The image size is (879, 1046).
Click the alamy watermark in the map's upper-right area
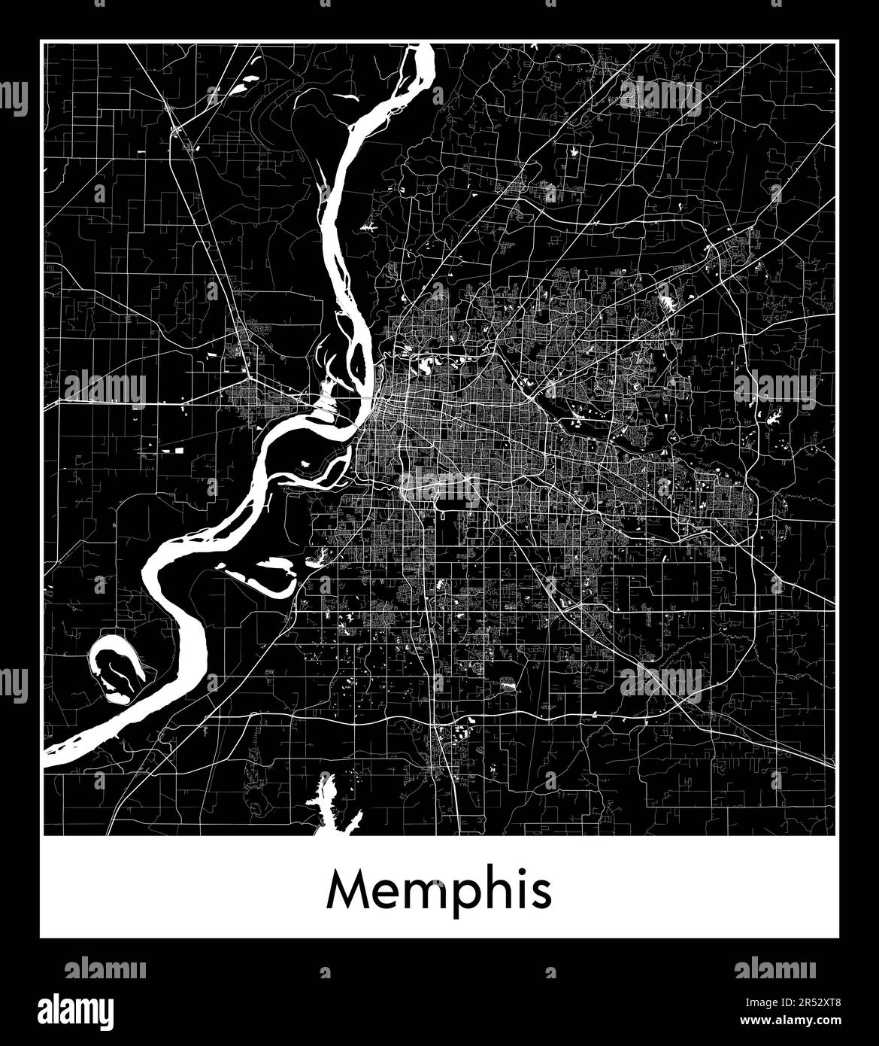[x=661, y=96]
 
